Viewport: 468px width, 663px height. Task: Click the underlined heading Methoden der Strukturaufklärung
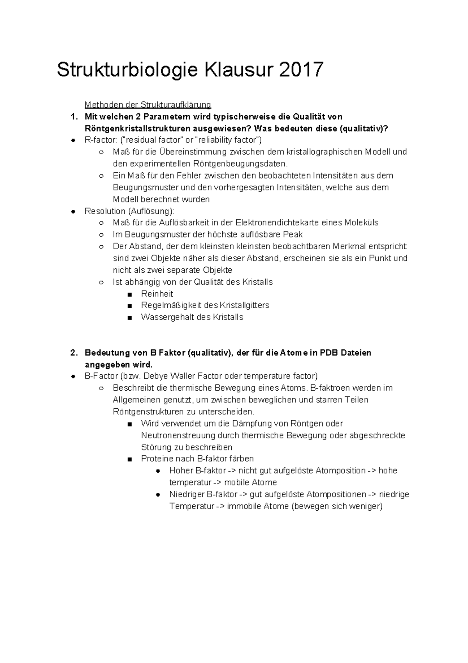click(148, 105)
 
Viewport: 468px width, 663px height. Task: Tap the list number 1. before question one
click(74, 117)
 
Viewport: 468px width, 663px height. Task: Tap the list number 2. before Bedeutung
click(74, 353)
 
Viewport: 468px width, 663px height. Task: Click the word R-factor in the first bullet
click(98, 140)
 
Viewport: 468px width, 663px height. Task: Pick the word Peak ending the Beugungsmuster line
click(292, 234)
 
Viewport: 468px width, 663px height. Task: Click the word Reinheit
click(157, 294)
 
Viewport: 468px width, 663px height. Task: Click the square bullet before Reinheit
click(130, 294)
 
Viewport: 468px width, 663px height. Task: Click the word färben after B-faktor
click(241, 459)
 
